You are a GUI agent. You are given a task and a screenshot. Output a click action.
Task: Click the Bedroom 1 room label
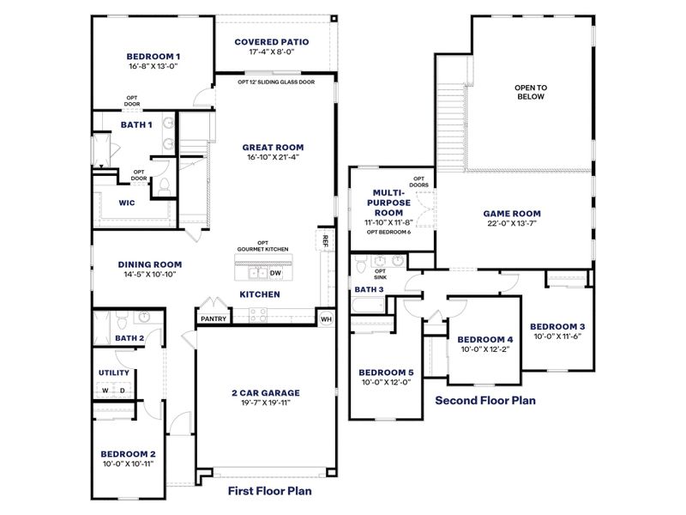click(x=153, y=58)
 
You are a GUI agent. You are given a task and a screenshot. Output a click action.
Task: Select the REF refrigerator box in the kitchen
click(x=326, y=241)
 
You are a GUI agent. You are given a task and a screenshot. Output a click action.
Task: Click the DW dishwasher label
click(x=275, y=274)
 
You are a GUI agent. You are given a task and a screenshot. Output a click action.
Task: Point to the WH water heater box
click(x=326, y=318)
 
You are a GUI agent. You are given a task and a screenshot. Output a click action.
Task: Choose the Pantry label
click(x=214, y=318)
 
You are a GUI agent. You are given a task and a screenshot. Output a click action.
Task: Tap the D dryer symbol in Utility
click(x=123, y=391)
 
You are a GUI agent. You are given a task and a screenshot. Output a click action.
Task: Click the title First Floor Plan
click(x=269, y=492)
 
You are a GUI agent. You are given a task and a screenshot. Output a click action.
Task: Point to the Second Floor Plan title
click(x=484, y=400)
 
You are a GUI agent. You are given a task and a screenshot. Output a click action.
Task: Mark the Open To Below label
click(x=530, y=92)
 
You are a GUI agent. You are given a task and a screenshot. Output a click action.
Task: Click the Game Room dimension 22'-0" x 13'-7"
click(x=512, y=224)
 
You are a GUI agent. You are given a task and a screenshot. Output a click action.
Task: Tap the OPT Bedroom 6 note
click(x=388, y=232)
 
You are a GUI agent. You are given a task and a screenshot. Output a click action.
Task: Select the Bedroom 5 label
click(x=387, y=372)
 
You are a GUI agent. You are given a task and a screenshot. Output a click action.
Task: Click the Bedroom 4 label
click(x=484, y=339)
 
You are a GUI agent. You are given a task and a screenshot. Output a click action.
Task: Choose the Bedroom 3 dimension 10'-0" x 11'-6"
click(x=557, y=337)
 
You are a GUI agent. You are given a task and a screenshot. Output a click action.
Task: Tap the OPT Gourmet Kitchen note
click(x=262, y=245)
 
